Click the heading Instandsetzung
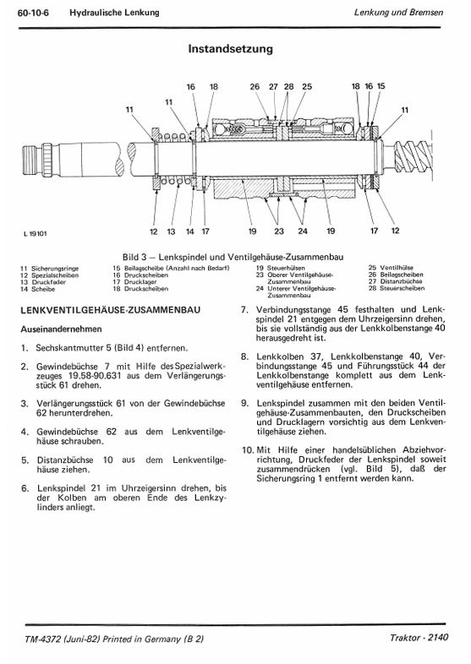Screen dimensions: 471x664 click(x=230, y=49)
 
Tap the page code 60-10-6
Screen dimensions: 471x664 click(x=34, y=13)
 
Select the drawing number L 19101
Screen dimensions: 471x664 click(x=36, y=233)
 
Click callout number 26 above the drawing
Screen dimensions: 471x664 click(x=255, y=87)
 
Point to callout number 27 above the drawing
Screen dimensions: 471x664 click(x=273, y=87)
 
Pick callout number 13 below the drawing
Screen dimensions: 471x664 click(x=171, y=231)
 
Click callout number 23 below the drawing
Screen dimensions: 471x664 click(x=278, y=231)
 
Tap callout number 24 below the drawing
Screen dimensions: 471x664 click(x=302, y=231)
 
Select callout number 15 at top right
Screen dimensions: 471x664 click(x=381, y=86)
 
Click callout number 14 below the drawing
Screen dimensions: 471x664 click(x=190, y=231)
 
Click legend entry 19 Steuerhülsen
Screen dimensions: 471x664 click(x=280, y=268)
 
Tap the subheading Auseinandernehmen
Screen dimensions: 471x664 click(x=61, y=329)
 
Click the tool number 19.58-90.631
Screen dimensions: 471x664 click(x=95, y=376)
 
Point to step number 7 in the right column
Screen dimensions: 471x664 click(x=244, y=310)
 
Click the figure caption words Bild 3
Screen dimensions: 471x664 click(x=134, y=257)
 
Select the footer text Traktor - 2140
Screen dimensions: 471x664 click(x=419, y=638)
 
